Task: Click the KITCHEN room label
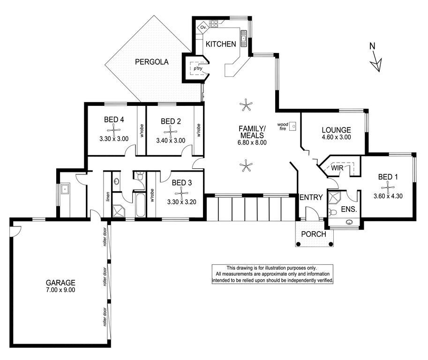220,44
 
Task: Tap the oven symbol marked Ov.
203,27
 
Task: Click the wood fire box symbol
293,126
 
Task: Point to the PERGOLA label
152,62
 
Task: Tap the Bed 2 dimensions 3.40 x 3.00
171,141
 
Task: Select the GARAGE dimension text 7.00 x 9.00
60,290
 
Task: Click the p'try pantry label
198,68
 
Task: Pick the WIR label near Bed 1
337,168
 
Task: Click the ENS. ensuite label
349,210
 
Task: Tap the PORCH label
314,234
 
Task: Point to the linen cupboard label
108,197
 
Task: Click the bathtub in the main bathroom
140,205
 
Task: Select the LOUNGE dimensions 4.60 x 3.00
336,137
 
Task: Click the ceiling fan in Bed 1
388,187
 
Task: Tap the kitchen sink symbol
243,38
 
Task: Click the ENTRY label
311,197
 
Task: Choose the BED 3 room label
182,183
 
